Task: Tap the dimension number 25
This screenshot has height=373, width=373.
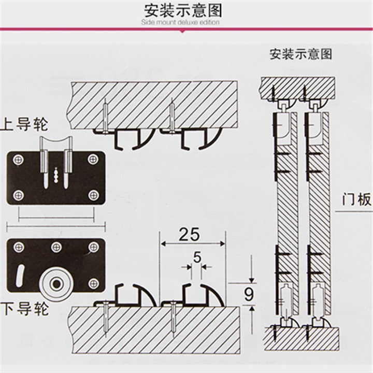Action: [189, 234]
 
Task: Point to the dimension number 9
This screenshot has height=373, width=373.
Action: [248, 295]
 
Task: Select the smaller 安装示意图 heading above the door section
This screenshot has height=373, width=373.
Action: [300, 54]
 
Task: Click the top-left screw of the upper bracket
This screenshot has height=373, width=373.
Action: [19, 159]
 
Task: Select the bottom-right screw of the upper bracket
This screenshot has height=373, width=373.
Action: [93, 195]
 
